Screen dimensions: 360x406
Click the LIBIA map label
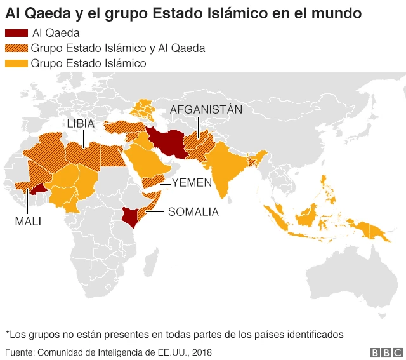pyautogui.click(x=82, y=123)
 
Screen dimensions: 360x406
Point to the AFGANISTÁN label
pyautogui.click(x=206, y=109)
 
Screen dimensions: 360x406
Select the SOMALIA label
pyautogui.click(x=193, y=212)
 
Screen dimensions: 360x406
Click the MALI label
pyautogui.click(x=28, y=221)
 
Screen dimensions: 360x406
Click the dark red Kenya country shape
pyautogui.click(x=131, y=217)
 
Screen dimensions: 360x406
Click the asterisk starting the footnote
pyautogui.click(x=8, y=333)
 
